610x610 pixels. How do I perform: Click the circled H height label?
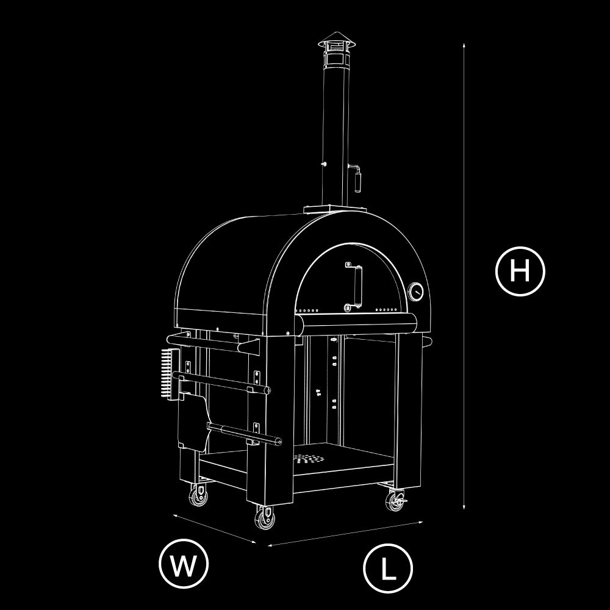point(520,271)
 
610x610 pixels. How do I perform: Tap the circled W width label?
point(184,563)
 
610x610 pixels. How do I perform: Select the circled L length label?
point(388,568)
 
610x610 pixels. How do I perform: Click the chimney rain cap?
point(337,40)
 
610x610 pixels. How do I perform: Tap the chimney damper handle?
point(356,177)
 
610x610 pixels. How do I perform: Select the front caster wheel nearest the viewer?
point(265,518)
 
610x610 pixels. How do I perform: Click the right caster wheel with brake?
point(396,501)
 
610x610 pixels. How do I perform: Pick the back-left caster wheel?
point(198,495)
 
